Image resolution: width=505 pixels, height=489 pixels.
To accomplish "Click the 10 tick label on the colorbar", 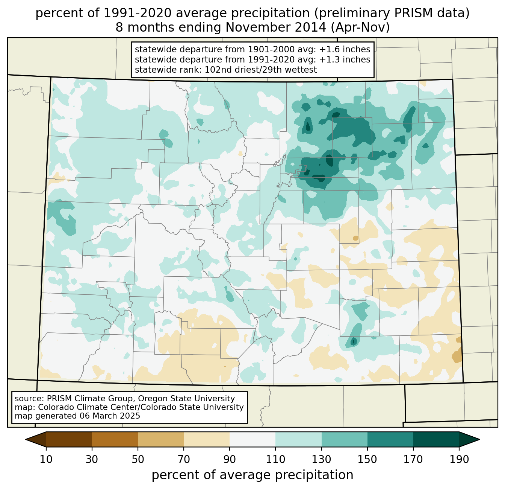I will pos(46,459).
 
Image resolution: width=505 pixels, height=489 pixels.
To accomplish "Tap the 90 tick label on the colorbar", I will pos(230,459).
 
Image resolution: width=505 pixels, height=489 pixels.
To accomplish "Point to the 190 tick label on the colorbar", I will pos(459,459).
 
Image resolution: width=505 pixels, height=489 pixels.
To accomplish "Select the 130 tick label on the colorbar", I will pos(322,459).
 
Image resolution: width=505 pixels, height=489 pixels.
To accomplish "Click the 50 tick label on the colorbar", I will pos(138,459).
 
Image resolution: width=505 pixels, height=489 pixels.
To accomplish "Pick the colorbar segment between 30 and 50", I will pos(115,439).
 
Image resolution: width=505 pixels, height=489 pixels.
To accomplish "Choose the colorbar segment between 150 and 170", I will pos(390,439).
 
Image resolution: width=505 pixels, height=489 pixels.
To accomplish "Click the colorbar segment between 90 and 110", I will pos(252,439).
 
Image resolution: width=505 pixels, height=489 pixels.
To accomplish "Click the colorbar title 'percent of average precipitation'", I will pos(252,475).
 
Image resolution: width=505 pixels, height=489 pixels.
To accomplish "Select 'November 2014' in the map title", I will pos(269,27).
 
